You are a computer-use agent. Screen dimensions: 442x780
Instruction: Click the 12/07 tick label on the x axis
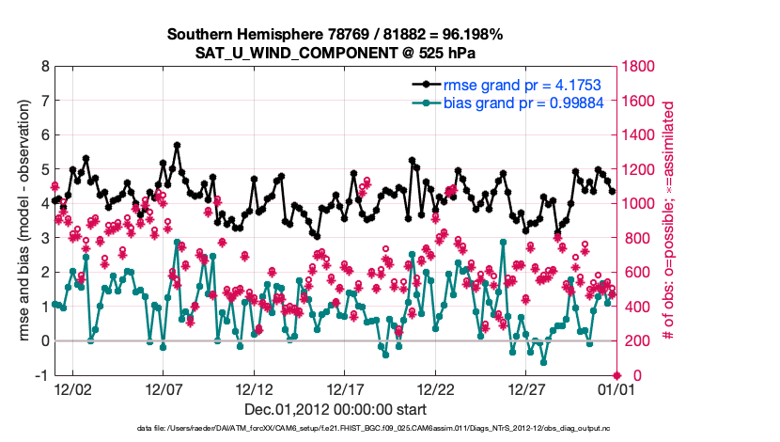[162, 387]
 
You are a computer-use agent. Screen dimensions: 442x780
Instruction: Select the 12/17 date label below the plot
[345, 387]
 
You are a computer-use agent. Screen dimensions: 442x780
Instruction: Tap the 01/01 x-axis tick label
[614, 387]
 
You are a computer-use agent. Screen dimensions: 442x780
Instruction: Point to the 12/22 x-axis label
[436, 387]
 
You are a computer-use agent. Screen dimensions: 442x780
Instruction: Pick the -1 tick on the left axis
[42, 375]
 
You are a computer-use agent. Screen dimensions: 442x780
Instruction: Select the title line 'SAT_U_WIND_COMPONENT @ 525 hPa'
[335, 53]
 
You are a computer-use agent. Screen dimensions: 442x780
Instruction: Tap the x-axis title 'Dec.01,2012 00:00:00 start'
[335, 409]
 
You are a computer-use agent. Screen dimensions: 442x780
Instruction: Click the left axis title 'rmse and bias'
[23, 220]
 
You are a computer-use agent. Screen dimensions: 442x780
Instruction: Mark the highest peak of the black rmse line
[177, 145]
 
